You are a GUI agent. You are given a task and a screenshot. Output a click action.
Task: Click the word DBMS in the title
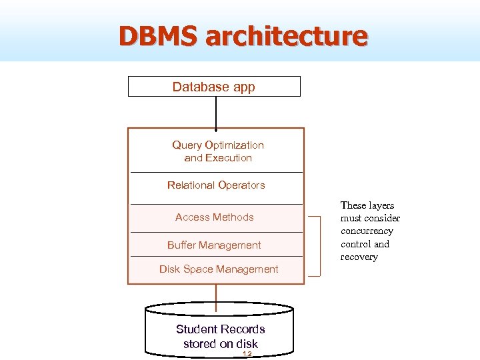[x=159, y=36]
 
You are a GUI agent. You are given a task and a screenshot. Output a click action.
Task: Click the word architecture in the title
[x=287, y=36]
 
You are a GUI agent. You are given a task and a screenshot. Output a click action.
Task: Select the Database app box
[x=214, y=87]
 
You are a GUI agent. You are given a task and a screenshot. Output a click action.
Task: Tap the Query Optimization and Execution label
[x=218, y=151]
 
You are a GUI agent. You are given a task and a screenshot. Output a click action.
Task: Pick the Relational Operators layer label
[x=216, y=185]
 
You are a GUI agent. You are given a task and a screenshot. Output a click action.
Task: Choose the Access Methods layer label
[x=215, y=217]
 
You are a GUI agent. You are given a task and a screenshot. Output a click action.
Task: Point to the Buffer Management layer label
[x=214, y=245]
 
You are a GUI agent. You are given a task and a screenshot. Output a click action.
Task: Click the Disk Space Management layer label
[x=219, y=269]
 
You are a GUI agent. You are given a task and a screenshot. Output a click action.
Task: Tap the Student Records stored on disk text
[x=221, y=337]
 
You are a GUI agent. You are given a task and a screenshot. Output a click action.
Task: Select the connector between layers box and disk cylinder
[x=215, y=294]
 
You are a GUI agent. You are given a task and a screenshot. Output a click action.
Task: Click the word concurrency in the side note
[x=367, y=231]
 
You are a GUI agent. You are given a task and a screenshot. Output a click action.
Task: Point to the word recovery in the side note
[x=359, y=257]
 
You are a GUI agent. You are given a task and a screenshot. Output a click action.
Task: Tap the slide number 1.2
[x=247, y=354]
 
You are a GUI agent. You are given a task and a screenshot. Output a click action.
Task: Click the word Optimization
[x=236, y=145]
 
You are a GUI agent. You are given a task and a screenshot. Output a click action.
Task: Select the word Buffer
[x=182, y=245]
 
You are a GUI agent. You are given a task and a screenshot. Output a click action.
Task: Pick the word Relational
[x=191, y=185]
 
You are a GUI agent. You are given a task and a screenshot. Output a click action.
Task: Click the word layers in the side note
[x=377, y=205]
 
